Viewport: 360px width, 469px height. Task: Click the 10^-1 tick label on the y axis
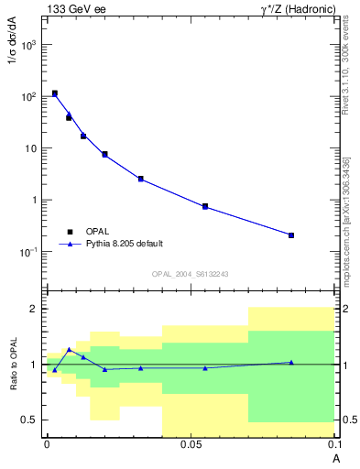tap(28, 251)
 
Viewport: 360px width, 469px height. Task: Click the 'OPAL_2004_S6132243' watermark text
tap(190, 274)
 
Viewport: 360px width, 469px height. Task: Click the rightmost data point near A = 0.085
tap(291, 235)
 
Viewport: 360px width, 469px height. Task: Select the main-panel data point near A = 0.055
tap(205, 207)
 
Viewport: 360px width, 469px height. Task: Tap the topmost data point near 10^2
tap(55, 93)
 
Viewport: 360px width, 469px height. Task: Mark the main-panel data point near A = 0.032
tap(140, 179)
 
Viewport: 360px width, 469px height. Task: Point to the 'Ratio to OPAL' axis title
tap(13, 364)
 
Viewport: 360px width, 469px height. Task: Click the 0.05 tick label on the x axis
tap(191, 445)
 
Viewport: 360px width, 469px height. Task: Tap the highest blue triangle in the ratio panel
tap(69, 349)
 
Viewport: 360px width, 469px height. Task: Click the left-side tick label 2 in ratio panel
tap(33, 310)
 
